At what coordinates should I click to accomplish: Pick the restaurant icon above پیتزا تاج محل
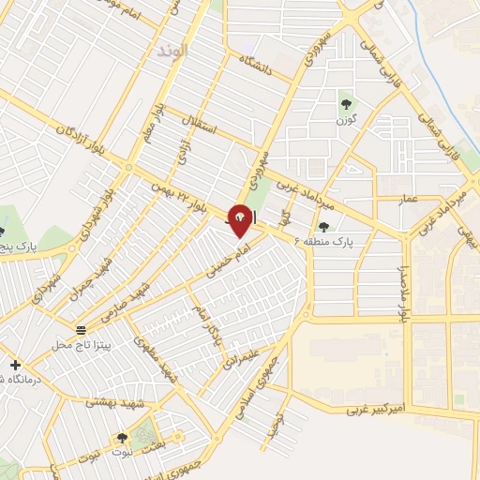pos(82,330)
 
